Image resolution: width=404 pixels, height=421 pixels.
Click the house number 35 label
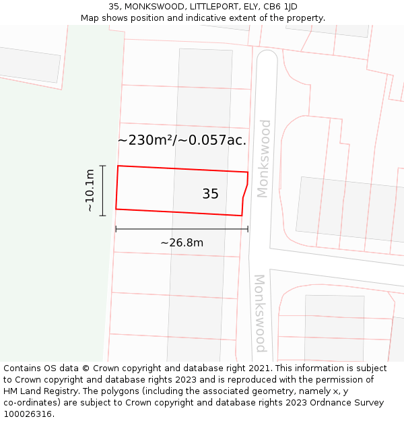(210, 194)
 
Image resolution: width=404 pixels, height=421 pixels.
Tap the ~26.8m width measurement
(181, 242)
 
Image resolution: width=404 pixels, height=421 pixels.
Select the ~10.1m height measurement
(90, 191)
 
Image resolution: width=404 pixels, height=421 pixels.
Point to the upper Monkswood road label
(263, 158)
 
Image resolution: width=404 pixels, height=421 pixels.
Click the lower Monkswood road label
(260, 313)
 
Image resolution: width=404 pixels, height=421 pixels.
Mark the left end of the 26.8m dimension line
(116, 229)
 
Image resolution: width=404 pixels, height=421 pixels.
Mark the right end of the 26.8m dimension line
(248, 229)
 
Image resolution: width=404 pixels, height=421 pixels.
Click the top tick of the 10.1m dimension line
(103, 166)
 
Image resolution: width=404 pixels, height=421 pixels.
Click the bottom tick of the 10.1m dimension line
(103, 216)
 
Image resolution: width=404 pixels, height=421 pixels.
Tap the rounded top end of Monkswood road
(267, 57)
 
